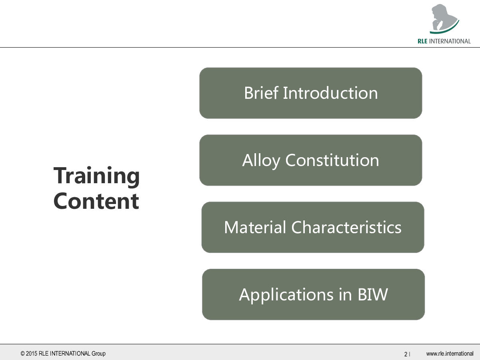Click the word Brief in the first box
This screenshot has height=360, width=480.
pyautogui.click(x=261, y=93)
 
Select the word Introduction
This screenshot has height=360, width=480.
pyautogui.click(x=330, y=93)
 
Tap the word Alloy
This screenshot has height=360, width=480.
pyautogui.click(x=261, y=161)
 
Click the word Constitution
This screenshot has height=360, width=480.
pyautogui.click(x=332, y=160)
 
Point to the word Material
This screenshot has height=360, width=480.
pyautogui.click(x=255, y=227)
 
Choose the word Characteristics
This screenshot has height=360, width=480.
pyautogui.click(x=346, y=227)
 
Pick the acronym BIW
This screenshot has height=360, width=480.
pyautogui.click(x=373, y=294)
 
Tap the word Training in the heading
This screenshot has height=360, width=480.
pyautogui.click(x=96, y=177)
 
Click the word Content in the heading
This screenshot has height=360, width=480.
pyautogui.click(x=96, y=201)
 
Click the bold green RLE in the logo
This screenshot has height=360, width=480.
pyautogui.click(x=422, y=41)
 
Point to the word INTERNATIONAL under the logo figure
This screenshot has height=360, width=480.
pyautogui.click(x=450, y=41)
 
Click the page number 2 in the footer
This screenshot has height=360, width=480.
pyautogui.click(x=406, y=354)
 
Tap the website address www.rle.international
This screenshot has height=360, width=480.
pyautogui.click(x=450, y=354)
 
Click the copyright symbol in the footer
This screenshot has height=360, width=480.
pyautogui.click(x=22, y=354)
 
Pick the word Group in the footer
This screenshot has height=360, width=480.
pyautogui.click(x=98, y=354)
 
